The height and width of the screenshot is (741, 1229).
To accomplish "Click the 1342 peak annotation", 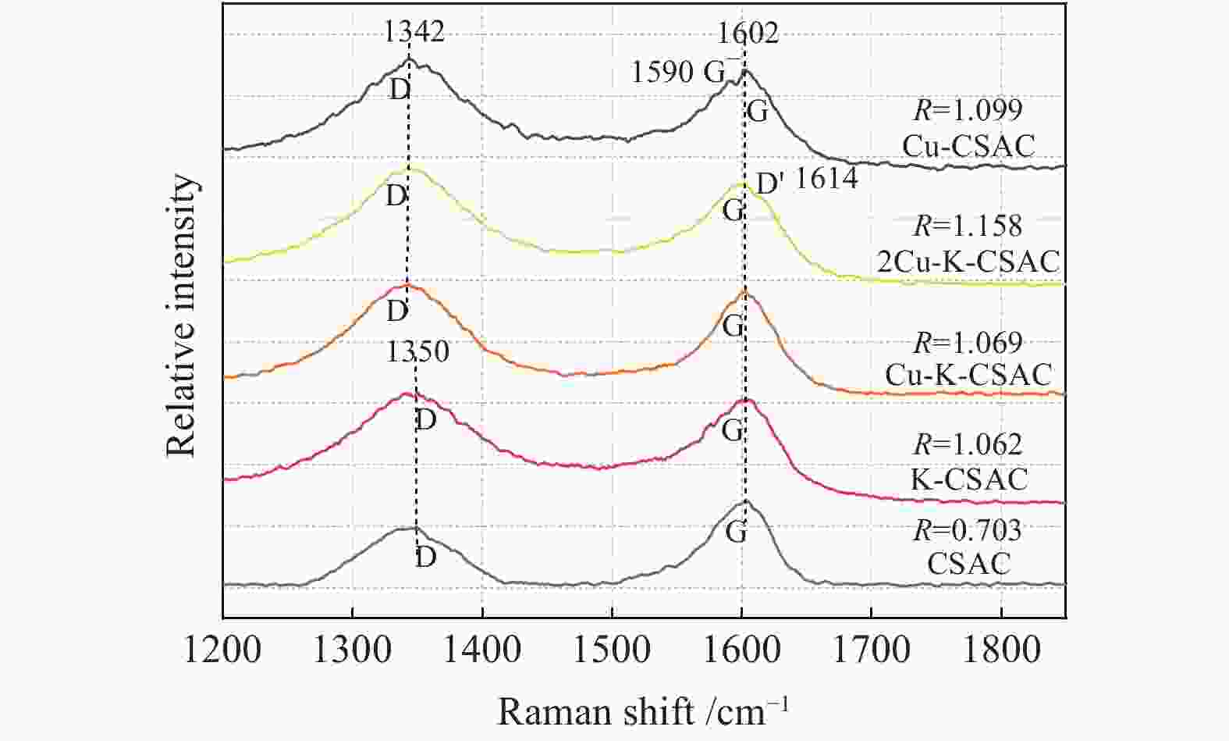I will tap(414, 30).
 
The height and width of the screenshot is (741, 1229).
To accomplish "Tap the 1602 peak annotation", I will tap(748, 32).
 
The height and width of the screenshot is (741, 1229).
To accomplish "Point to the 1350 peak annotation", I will tap(417, 351).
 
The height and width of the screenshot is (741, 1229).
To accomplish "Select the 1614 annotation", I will tap(826, 179).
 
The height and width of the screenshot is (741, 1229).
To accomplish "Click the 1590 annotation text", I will tap(662, 72).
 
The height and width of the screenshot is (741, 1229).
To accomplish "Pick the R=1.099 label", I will tap(968, 110).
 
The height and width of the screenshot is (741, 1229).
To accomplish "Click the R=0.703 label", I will tap(968, 530).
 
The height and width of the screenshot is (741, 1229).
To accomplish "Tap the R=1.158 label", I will tap(968, 226).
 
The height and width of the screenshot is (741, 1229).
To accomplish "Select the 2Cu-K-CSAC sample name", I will tap(968, 262).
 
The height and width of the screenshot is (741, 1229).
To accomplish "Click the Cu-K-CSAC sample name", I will tap(968, 375).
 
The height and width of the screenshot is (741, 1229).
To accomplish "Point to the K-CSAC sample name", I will tap(968, 478).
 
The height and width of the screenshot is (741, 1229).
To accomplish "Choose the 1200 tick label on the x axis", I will tap(223, 650).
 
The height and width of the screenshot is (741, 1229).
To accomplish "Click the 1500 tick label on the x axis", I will tap(612, 650).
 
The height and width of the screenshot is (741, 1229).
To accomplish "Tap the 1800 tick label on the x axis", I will tap(1001, 650).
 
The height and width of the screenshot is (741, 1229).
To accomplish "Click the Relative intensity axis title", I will tap(182, 315).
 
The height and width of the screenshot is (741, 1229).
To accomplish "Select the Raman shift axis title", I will tap(643, 711).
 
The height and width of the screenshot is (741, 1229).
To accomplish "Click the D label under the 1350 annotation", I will tap(425, 420).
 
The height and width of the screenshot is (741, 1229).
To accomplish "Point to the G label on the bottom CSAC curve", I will tap(736, 533).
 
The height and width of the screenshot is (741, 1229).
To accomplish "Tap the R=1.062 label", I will tap(968, 444).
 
